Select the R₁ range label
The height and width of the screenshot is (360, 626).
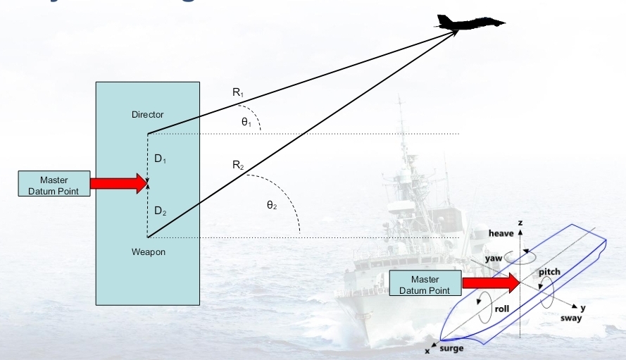(238, 92)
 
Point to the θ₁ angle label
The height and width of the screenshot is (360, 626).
(246, 122)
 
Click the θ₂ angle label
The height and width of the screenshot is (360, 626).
(271, 205)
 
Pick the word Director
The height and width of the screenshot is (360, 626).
(147, 114)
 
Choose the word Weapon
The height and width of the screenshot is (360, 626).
(148, 252)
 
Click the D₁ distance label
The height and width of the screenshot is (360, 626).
(161, 159)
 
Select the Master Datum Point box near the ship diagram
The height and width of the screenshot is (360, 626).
(425, 285)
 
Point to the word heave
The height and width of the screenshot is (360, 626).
(501, 233)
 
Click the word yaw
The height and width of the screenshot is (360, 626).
(493, 259)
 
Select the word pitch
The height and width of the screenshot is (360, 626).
(549, 271)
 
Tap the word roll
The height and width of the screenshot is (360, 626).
(502, 308)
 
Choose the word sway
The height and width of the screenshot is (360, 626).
(572, 319)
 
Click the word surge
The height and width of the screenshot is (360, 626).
(452, 349)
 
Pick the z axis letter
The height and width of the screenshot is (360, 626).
(520, 223)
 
